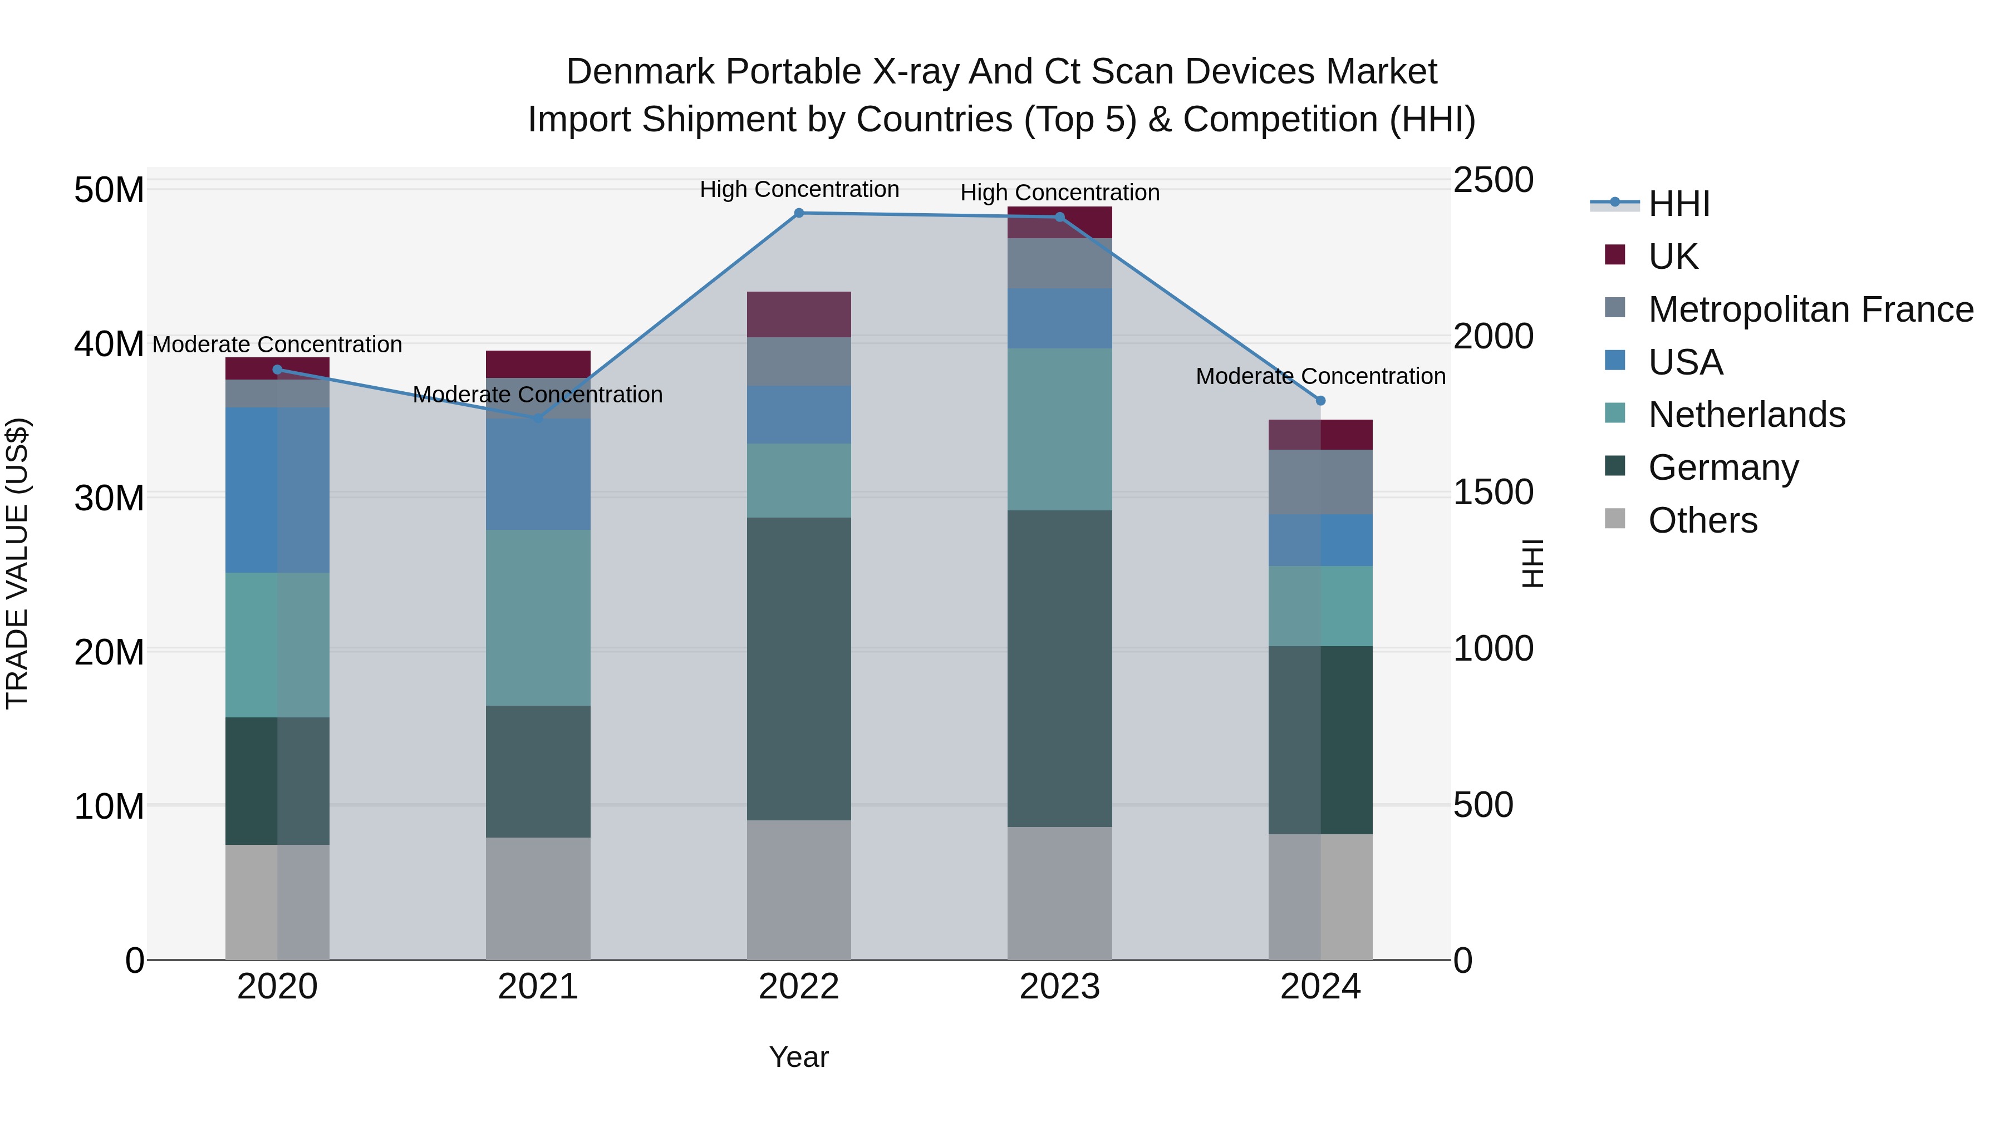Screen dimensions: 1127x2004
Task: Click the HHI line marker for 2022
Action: (798, 213)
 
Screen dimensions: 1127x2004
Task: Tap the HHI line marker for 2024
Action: (1320, 401)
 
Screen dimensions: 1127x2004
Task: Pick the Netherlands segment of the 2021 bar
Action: (538, 618)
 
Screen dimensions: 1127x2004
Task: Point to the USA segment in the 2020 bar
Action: (277, 490)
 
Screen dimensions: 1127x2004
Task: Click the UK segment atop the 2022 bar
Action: (798, 314)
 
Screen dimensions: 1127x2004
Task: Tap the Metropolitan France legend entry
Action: (1810, 309)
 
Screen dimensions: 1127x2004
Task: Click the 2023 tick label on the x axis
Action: (1059, 987)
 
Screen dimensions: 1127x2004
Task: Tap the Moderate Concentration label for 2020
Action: (277, 344)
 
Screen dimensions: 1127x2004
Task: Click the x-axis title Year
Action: (798, 1057)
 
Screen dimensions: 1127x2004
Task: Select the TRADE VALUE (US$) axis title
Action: (17, 563)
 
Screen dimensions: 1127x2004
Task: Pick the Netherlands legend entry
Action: (1746, 415)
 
